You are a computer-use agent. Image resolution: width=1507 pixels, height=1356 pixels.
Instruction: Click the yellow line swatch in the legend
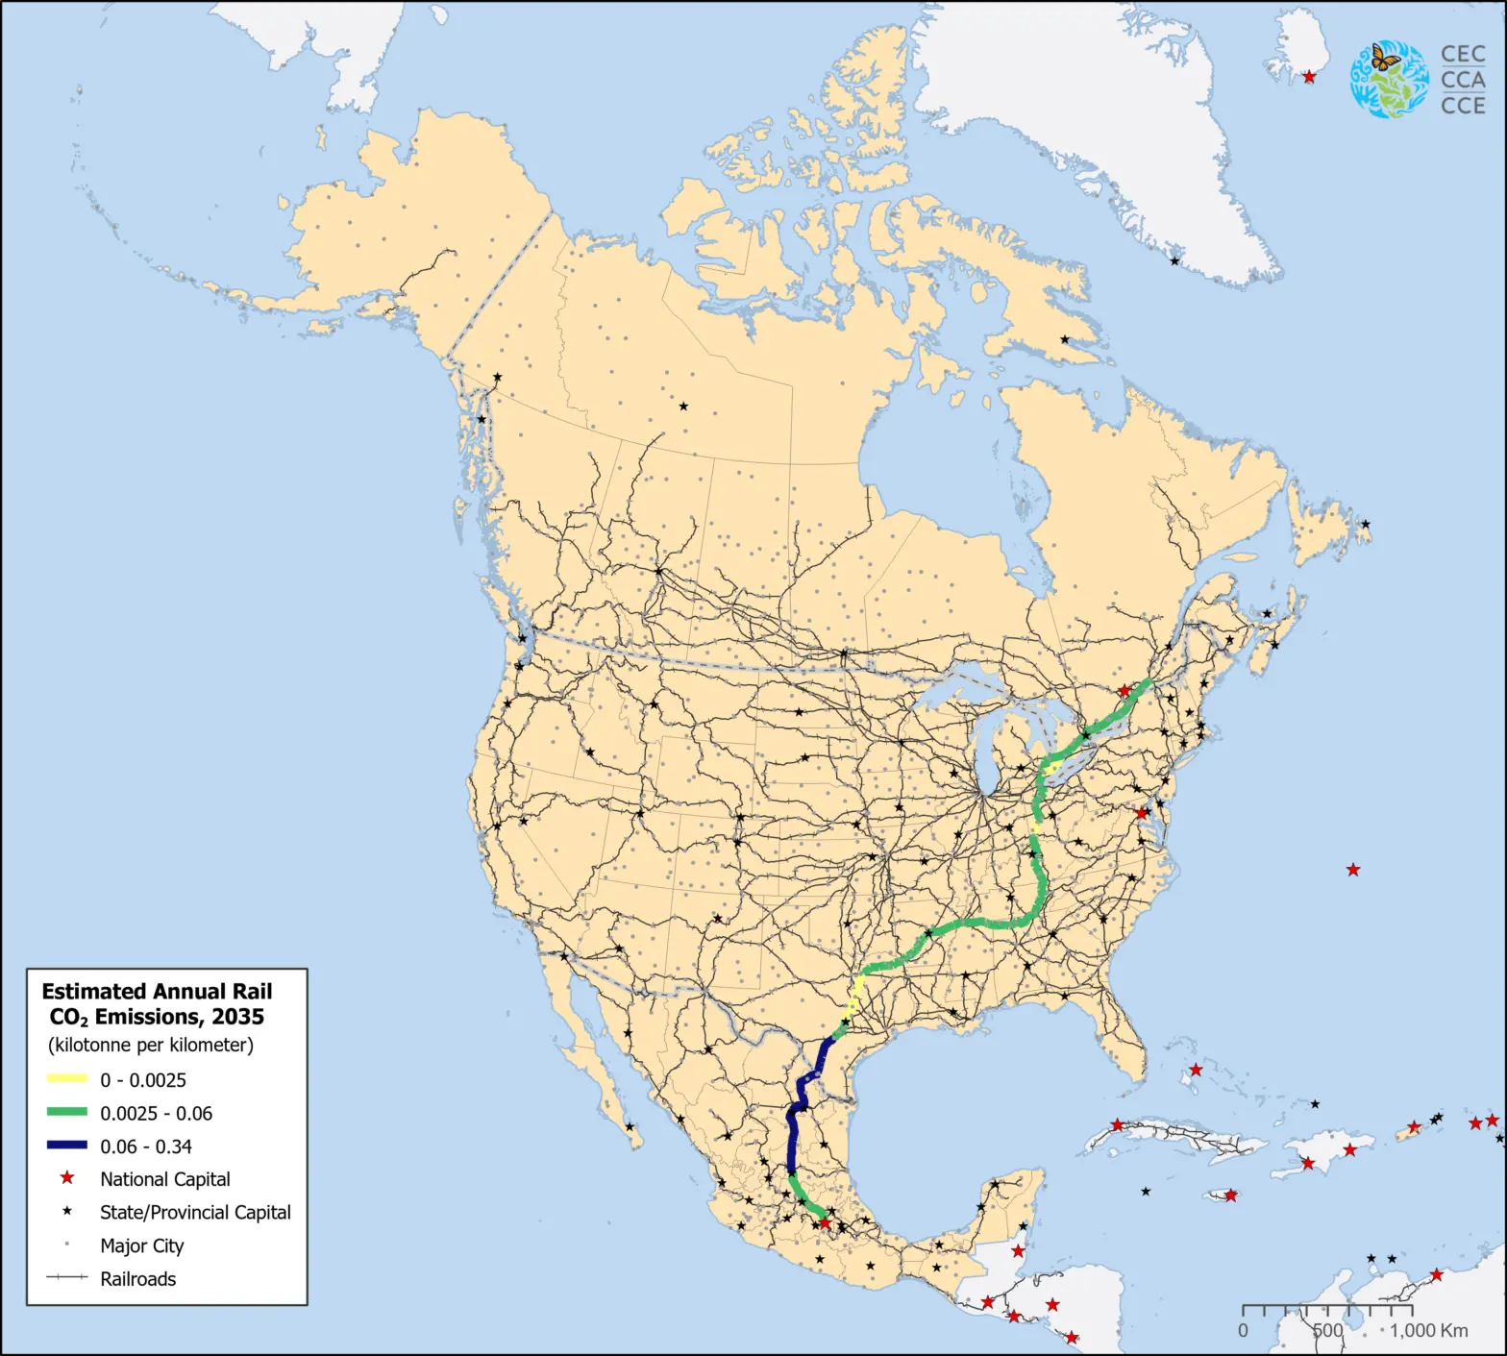coord(67,1079)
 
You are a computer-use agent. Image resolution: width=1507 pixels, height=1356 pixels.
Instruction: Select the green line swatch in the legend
coord(67,1112)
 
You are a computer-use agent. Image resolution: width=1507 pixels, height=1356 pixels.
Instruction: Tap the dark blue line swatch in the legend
coord(67,1146)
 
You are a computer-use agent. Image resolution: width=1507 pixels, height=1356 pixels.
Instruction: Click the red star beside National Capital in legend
coord(67,1178)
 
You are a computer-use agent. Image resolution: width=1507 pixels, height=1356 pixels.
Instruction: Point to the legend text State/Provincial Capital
coord(195,1212)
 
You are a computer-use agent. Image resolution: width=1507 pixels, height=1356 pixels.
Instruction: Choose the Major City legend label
coord(141,1245)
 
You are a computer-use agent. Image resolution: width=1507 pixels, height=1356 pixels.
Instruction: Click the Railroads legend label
coord(137,1279)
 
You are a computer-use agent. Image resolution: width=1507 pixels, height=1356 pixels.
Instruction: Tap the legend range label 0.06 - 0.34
coord(146,1146)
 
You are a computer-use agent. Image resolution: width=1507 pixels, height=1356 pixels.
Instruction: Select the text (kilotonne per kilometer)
coord(151,1045)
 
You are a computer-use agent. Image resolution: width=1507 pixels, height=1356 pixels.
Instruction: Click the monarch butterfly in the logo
coord(1385,57)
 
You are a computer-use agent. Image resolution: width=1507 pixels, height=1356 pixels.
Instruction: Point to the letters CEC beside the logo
coord(1463,55)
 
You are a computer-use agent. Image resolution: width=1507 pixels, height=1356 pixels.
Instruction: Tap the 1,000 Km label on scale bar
coord(1428,1331)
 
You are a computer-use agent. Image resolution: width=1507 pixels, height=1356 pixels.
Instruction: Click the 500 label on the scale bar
coord(1327,1331)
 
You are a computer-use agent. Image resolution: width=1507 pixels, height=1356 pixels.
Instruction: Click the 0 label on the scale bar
coord(1243,1331)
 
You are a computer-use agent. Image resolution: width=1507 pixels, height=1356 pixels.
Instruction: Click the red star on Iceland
coord(1309,77)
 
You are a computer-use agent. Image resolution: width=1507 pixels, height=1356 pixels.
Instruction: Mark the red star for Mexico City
coord(824,1222)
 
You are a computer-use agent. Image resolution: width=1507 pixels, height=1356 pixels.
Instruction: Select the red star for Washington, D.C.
coord(1142,813)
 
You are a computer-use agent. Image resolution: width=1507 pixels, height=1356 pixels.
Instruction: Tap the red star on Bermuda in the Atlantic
coord(1353,870)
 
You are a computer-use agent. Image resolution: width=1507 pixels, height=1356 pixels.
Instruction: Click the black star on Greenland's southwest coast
coord(1174,260)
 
